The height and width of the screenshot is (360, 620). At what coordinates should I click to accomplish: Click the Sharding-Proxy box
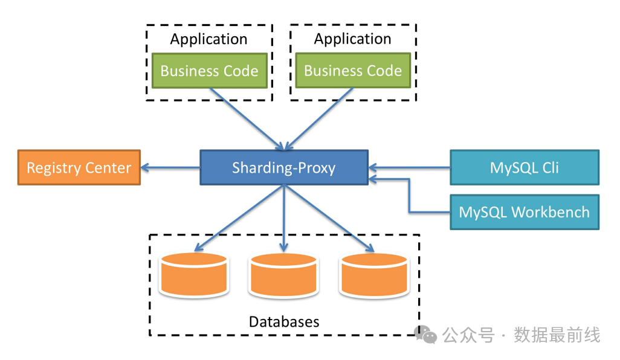[x=284, y=167]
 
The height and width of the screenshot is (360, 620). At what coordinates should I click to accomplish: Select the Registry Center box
[x=79, y=167]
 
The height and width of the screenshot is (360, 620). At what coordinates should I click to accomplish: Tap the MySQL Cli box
[x=524, y=167]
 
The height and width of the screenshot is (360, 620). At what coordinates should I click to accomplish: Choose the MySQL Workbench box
[x=524, y=212]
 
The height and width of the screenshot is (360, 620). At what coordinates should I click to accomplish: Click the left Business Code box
[x=209, y=71]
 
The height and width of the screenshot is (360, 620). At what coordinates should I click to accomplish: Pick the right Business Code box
[x=353, y=71]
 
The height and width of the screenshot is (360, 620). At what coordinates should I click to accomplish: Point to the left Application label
[x=209, y=39]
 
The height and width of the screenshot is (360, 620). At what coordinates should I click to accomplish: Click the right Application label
[x=353, y=39]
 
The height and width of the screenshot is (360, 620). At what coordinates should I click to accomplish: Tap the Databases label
[x=284, y=321]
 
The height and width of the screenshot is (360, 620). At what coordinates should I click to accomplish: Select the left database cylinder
[x=193, y=275]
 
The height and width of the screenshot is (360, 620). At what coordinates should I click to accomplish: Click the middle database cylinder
[x=284, y=275]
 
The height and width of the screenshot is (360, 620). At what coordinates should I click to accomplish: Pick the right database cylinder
[x=374, y=275]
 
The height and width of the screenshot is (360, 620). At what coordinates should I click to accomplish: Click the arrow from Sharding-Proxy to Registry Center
[x=170, y=167]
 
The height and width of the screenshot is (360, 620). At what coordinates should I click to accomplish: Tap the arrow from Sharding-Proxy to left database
[x=239, y=218]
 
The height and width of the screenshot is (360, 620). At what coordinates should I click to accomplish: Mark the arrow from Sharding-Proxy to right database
[x=329, y=218]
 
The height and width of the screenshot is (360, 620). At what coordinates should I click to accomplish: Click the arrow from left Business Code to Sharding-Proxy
[x=245, y=118]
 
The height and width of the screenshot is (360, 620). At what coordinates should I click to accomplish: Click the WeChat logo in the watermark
[x=428, y=334]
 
